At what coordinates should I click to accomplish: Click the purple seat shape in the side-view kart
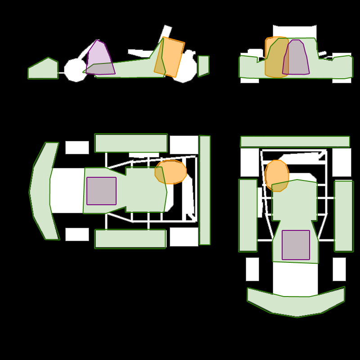99,58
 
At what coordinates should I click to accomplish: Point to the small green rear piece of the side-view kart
203,65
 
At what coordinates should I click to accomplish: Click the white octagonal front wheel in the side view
75,71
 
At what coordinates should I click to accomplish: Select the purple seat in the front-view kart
296,58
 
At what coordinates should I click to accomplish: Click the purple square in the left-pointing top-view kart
101,191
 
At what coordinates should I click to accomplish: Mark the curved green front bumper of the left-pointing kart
41,191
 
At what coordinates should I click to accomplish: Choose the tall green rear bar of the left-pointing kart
205,190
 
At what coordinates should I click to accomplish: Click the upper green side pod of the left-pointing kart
131,143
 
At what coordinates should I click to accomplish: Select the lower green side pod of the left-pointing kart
130,238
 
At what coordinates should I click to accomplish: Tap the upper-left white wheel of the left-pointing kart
77,148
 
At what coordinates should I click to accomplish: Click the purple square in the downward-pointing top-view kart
296,245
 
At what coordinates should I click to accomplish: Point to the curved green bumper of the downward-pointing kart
296,305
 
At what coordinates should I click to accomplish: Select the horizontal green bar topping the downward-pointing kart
295,141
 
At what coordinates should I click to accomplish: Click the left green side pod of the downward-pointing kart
248,215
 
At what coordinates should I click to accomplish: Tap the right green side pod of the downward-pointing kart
344,216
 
